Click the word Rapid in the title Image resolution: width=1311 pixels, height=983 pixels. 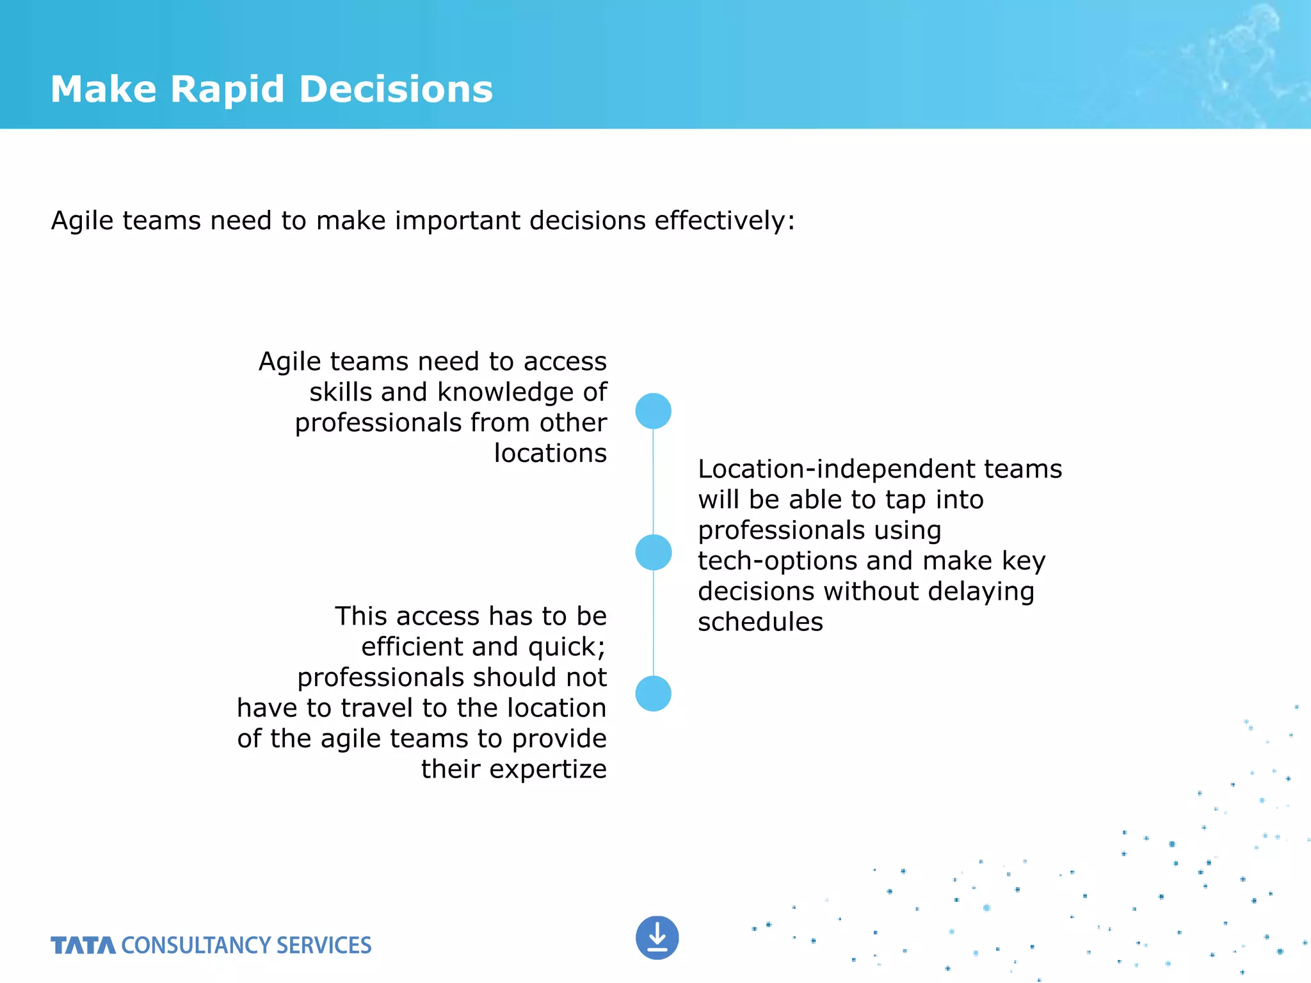[227, 89]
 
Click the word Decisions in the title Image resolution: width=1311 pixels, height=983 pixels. [396, 89]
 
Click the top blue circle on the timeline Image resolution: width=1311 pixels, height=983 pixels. [653, 411]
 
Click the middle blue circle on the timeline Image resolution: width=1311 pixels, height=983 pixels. [653, 552]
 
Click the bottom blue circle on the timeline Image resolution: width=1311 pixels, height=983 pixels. [653, 694]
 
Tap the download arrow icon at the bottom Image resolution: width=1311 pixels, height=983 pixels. [657, 938]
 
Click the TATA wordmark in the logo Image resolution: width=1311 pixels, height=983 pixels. [83, 945]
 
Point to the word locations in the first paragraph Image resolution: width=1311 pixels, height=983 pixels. [550, 453]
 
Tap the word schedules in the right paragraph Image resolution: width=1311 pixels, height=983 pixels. [760, 622]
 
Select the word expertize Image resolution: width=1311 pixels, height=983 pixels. [547, 769]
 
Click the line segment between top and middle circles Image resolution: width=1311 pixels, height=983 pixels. [653, 481]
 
